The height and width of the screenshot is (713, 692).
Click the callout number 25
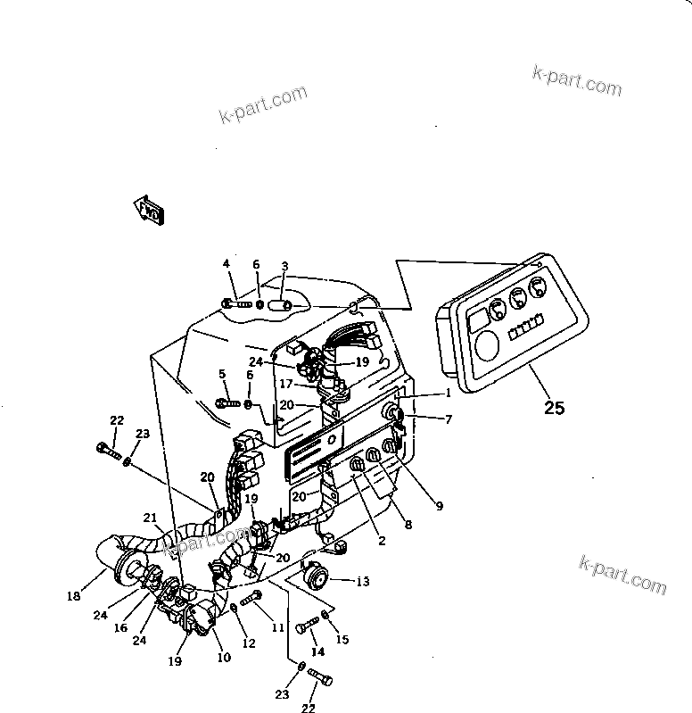click(554, 409)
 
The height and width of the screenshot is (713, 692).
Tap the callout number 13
click(361, 582)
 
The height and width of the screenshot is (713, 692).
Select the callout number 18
click(73, 596)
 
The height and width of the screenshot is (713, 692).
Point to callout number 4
click(227, 263)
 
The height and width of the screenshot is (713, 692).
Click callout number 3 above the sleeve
click(284, 266)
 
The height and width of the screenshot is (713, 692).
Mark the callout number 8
click(408, 526)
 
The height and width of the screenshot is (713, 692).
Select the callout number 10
click(223, 658)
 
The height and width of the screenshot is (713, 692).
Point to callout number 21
click(150, 518)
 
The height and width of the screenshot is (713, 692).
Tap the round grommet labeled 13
click(315, 578)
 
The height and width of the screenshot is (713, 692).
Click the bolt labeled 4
click(236, 304)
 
